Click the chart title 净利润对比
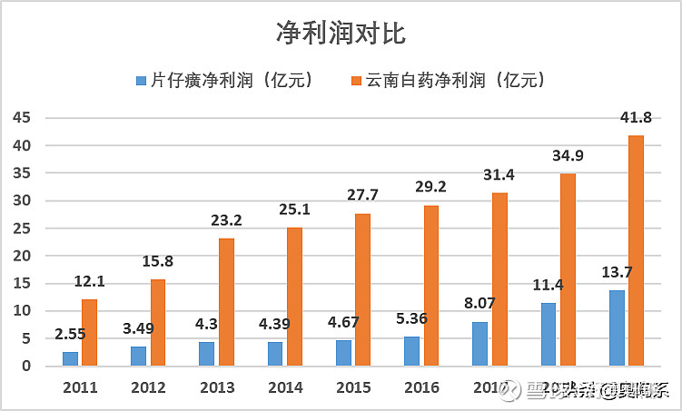pos(341,34)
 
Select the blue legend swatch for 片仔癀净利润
pos(140,81)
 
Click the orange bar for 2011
pos(89,333)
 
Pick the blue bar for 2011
pos(70,358)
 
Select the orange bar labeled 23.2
pos(226,302)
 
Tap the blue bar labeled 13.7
pos(617,328)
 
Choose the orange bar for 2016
pos(431,286)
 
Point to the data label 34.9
pos(568,156)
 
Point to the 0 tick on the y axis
pos(25,367)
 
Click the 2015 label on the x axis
pos(352,387)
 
